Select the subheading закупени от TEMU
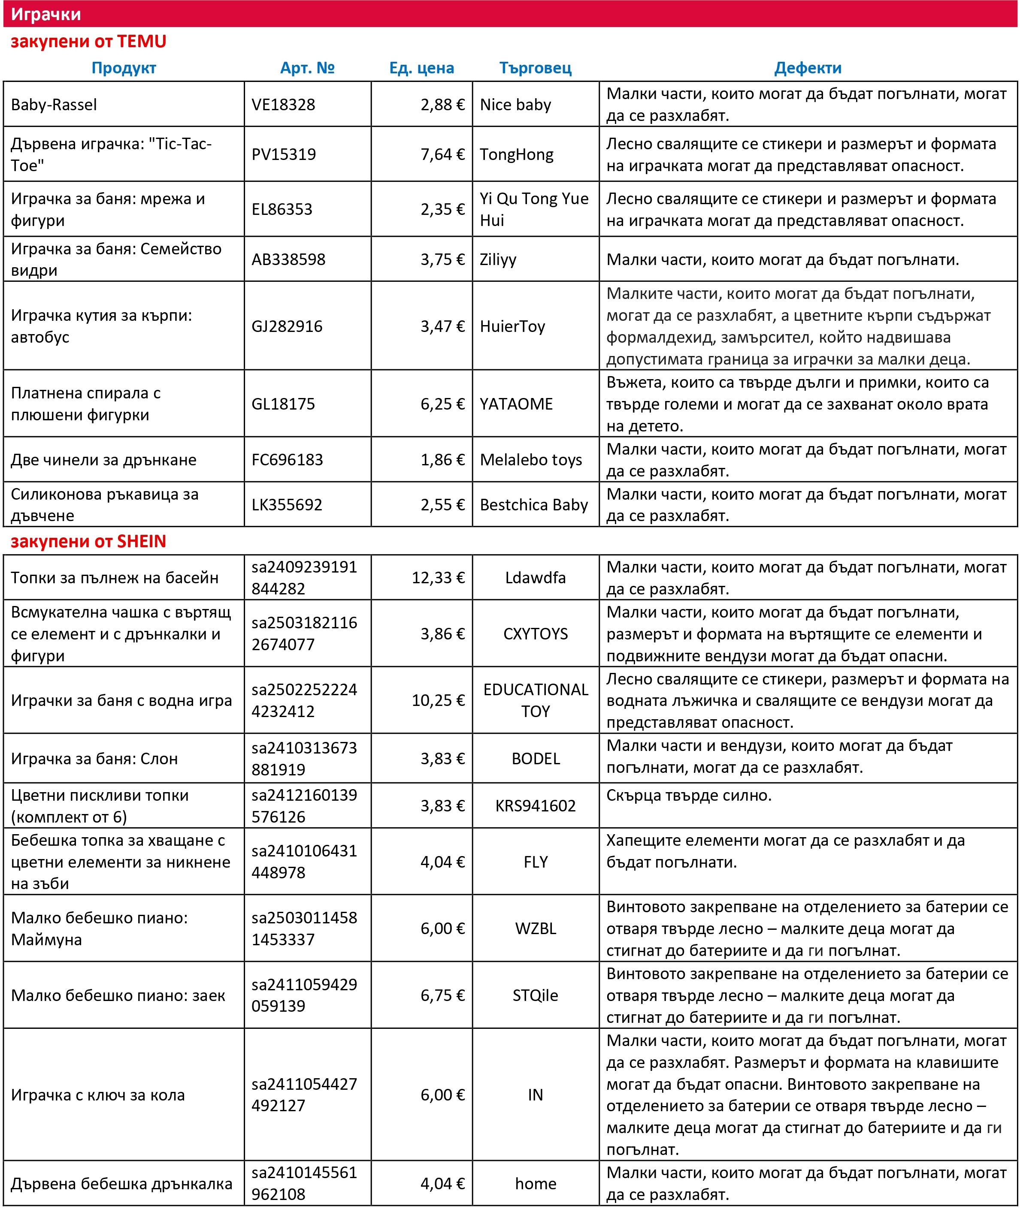pos(88,42)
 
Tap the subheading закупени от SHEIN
pos(88,542)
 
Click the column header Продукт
pos(124,68)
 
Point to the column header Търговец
pos(536,68)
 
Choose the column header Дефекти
pos(808,68)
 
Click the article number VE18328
pos(283,105)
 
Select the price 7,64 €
pos(442,154)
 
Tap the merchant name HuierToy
pos(512,326)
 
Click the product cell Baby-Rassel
pos(54,105)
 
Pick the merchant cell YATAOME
pos(516,404)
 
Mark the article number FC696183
pos(288,460)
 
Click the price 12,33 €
pos(438,578)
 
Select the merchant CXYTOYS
pos(536,634)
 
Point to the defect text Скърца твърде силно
pos(689,796)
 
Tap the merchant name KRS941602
pos(536,806)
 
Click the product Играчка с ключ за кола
pos(98,1095)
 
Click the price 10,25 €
pos(438,700)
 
